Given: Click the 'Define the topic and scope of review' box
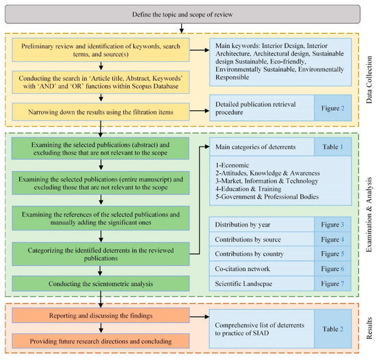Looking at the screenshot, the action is (183, 14).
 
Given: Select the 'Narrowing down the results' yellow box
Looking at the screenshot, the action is (100, 112).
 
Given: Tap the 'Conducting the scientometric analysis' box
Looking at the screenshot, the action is (100, 283).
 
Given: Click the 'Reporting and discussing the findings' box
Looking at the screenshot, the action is (100, 316).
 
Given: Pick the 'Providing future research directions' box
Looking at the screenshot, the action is (100, 341).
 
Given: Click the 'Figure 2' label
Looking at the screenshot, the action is (333, 108).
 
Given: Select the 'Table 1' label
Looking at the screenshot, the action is (333, 146).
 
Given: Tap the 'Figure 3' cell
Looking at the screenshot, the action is (333, 224).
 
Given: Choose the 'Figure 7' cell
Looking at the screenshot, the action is (333, 283).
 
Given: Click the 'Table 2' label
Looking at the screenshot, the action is (333, 329).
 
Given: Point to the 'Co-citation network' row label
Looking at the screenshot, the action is (242, 268).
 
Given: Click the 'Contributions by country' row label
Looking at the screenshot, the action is (249, 254).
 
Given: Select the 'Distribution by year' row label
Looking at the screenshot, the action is (243, 224).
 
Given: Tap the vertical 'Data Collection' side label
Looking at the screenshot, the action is (369, 79).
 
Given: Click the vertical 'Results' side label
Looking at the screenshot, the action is (369, 328).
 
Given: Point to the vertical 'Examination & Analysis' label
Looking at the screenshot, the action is (369, 214).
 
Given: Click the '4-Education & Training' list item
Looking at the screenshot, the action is (248, 189).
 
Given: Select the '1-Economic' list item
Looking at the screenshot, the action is (232, 165).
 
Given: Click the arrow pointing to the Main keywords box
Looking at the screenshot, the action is (200, 50).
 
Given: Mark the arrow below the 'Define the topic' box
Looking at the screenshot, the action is (182, 28).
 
